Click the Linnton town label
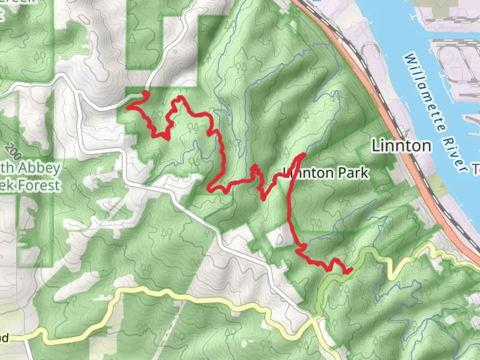coord(401,146)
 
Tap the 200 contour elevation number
coord(14,152)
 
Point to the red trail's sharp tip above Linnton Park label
coord(304,154)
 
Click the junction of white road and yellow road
coord(313,318)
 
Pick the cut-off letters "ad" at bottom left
coord(4,338)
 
